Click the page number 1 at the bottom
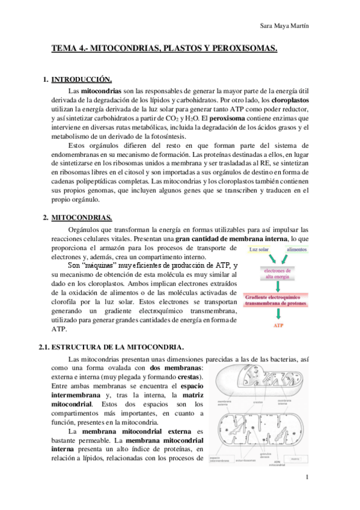[x=307, y=478]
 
